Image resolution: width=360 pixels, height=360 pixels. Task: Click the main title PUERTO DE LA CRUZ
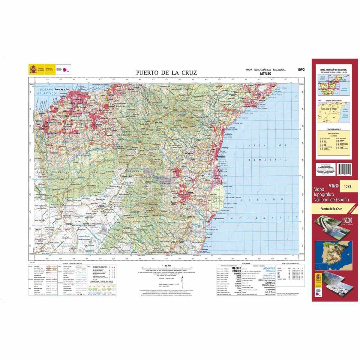pyautogui.click(x=166, y=72)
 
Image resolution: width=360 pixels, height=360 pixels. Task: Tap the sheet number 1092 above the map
pyautogui.click(x=301, y=70)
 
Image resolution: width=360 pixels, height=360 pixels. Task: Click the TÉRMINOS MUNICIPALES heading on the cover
pyautogui.click(x=334, y=129)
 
